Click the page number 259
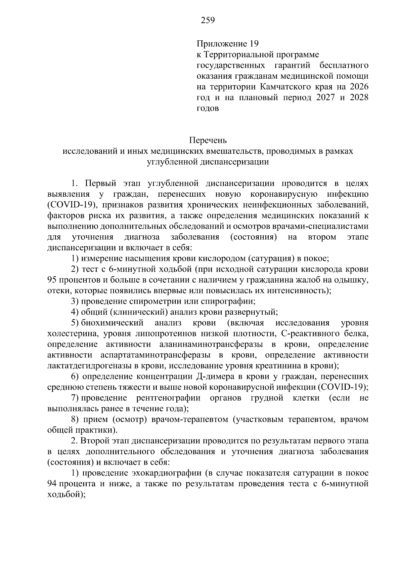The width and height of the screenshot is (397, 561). (x=208, y=21)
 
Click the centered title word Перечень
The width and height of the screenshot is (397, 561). (x=208, y=140)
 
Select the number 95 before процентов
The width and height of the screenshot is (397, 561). (x=53, y=280)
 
